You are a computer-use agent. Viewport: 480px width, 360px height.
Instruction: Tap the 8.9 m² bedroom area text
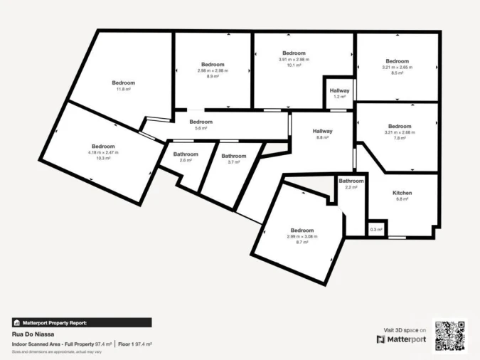(213, 76)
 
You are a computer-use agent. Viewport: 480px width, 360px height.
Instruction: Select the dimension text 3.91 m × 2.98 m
(294, 60)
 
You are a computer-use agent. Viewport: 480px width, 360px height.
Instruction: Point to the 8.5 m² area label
(398, 73)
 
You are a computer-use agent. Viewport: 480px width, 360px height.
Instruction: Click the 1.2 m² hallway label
(339, 97)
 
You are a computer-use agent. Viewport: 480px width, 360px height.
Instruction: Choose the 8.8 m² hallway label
(323, 137)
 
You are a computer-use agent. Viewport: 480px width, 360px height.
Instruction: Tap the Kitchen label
(402, 193)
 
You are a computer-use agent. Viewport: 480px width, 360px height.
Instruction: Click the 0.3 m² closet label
(376, 230)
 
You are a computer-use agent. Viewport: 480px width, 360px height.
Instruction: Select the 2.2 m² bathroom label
(351, 187)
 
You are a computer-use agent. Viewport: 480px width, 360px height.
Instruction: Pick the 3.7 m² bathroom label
(234, 162)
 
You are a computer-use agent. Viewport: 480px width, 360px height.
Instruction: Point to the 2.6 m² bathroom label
(186, 161)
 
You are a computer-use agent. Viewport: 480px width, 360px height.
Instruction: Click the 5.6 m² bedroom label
(201, 128)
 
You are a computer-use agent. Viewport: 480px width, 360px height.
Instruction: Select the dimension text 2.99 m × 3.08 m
(302, 236)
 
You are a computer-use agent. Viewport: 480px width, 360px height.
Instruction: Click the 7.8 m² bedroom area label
(399, 139)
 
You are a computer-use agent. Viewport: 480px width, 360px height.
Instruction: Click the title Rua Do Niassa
(33, 334)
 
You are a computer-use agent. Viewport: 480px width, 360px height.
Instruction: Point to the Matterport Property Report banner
(82, 322)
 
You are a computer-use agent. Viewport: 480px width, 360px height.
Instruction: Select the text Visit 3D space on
(405, 330)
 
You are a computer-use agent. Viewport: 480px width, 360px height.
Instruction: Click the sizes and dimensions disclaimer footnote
(57, 351)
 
